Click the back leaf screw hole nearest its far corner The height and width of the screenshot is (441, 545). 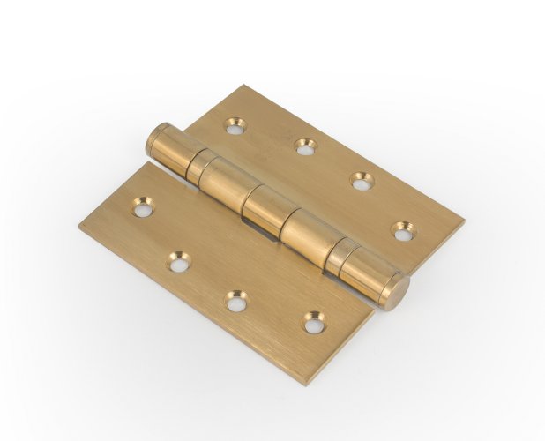coord(235,126)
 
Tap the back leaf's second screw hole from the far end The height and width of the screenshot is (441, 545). coord(304,146)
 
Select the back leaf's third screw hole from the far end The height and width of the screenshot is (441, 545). coord(361,180)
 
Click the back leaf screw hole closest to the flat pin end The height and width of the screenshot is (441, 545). coord(402,232)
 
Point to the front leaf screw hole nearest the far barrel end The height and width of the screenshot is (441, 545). coord(141,207)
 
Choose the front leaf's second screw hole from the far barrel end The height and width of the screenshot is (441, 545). coord(179,260)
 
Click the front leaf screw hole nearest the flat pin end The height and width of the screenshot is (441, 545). coord(313,322)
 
